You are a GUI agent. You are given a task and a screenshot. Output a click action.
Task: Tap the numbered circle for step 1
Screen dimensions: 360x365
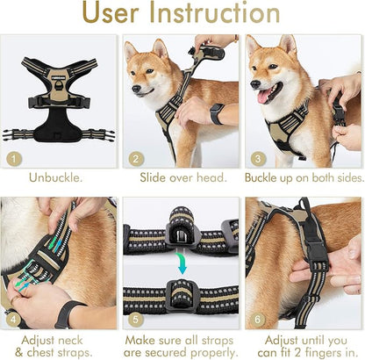click(x=11, y=160)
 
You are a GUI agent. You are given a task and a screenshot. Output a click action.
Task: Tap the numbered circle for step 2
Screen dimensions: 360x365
click(x=134, y=160)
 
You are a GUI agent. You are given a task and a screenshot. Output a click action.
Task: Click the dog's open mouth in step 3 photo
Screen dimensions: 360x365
click(x=262, y=91)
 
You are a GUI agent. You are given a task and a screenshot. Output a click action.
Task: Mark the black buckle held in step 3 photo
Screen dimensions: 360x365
click(x=338, y=112)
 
